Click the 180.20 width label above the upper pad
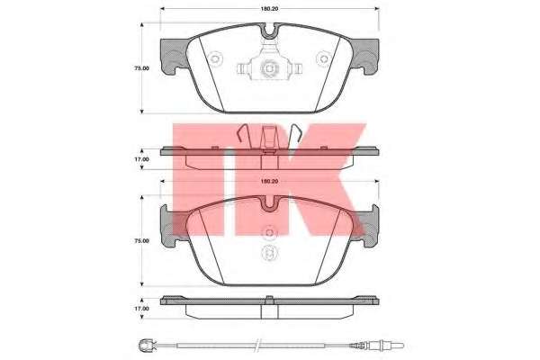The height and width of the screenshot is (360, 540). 269,9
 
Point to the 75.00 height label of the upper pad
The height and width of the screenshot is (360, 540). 141,68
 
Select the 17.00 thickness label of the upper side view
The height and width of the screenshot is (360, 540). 141,159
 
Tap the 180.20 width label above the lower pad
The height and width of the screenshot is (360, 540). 269,181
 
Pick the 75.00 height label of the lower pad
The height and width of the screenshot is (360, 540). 141,241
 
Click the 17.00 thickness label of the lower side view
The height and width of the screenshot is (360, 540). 141,309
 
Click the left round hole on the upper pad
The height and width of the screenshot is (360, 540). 215,58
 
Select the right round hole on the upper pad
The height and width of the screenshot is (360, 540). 323,58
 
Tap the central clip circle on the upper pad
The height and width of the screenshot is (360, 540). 269,68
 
